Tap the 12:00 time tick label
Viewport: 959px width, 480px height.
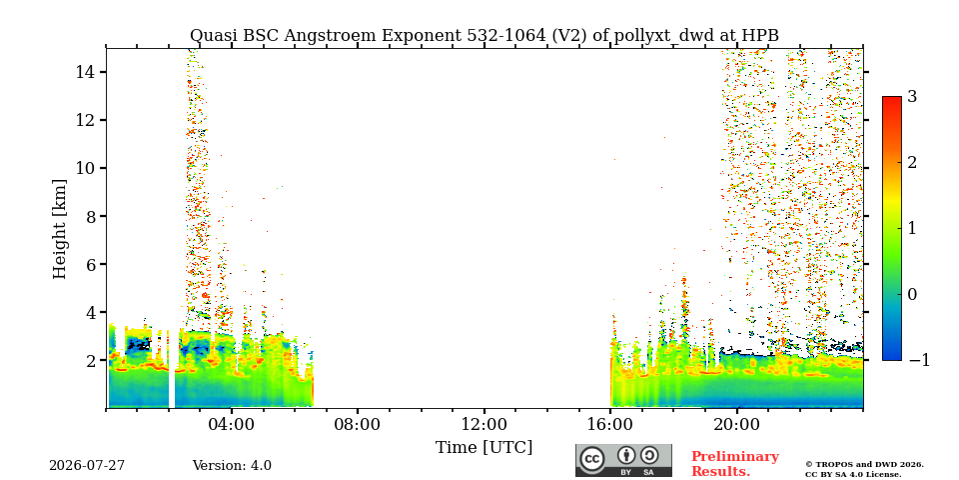[x=484, y=425]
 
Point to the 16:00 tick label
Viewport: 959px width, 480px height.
[x=610, y=425]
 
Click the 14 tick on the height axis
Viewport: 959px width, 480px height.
[x=84, y=72]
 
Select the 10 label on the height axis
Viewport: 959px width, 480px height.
[x=84, y=168]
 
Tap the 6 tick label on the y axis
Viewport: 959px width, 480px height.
[x=89, y=264]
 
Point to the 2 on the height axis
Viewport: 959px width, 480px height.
[x=89, y=361]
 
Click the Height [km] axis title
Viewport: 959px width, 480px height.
[x=59, y=229]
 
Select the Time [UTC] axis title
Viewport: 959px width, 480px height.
[x=483, y=448]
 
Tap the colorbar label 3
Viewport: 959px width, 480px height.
[x=912, y=97]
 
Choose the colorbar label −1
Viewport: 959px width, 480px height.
[x=919, y=361]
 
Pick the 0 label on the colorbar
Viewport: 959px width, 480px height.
[x=912, y=294]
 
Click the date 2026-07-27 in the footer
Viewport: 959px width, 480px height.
[x=87, y=466]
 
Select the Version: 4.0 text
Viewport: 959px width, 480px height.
[x=232, y=466]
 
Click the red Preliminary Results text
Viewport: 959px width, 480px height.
[x=735, y=464]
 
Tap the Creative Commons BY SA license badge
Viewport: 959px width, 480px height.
[x=623, y=460]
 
